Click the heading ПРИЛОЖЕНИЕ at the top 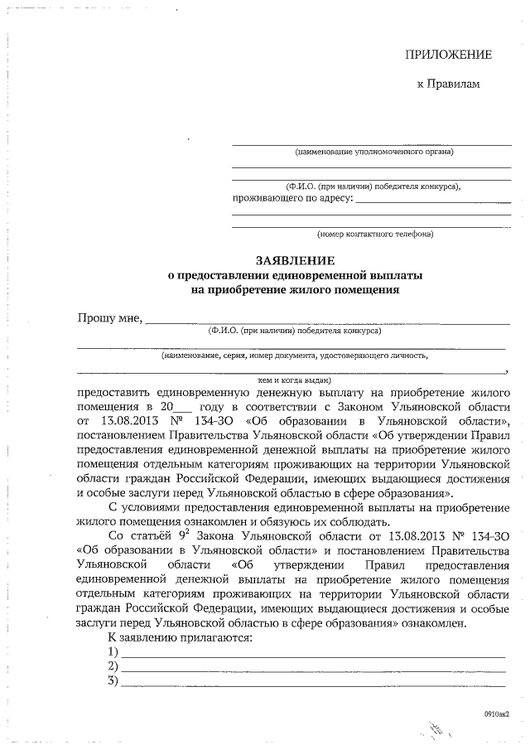pyautogui.click(x=447, y=55)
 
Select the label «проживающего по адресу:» pyautogui.click(x=291, y=198)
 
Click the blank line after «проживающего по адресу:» pyautogui.click(x=432, y=201)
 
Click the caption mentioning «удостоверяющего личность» pyautogui.click(x=295, y=355)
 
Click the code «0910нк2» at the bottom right pyautogui.click(x=496, y=713)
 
